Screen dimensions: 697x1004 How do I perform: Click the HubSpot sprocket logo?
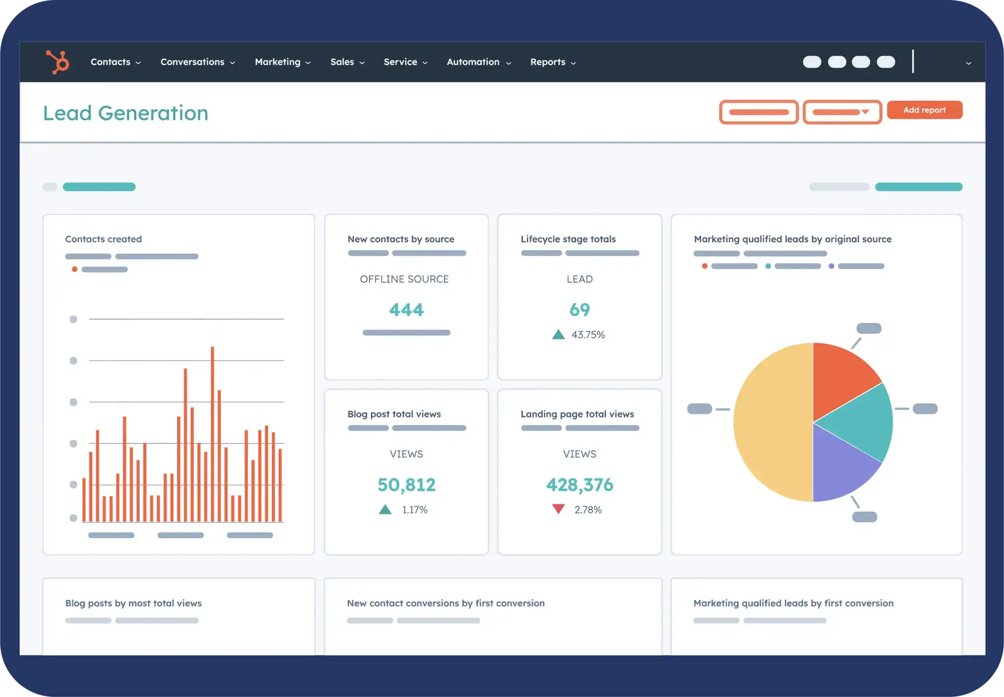[x=58, y=62]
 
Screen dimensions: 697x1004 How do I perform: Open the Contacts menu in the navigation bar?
[x=116, y=62]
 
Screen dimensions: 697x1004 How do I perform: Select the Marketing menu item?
[x=282, y=62]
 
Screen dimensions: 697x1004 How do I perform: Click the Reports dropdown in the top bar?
[x=553, y=62]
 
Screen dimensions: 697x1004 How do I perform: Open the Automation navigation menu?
[x=478, y=62]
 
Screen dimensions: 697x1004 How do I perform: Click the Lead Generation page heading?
[x=125, y=113]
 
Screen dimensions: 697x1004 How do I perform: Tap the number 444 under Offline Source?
[x=406, y=310]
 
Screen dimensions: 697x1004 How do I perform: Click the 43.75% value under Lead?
[x=588, y=335]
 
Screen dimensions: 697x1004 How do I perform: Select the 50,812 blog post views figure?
[x=406, y=485]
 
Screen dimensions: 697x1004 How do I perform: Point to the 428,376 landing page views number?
[x=579, y=485]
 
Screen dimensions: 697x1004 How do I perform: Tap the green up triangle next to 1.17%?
[x=385, y=509]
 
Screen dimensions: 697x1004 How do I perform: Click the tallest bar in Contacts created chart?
[x=212, y=434]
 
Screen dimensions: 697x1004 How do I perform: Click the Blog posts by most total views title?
[x=133, y=603]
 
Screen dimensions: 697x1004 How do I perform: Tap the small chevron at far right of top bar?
[x=968, y=63]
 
